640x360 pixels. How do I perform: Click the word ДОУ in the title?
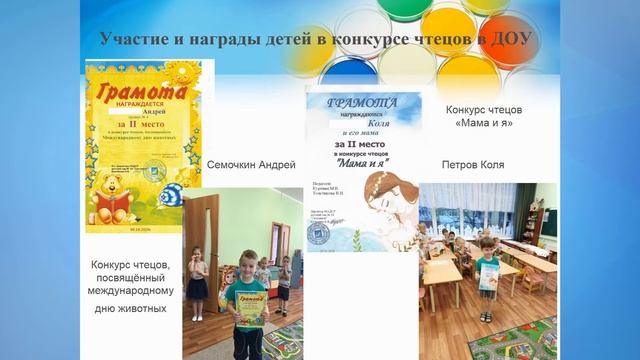[511, 39]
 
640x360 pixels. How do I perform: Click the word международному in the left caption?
[126, 291]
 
